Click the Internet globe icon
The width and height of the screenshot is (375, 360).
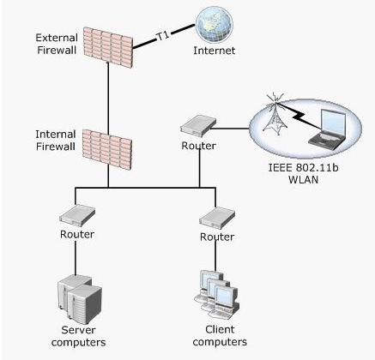(x=214, y=25)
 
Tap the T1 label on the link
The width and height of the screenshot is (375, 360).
(x=163, y=36)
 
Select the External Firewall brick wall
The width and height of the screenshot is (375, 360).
(x=108, y=47)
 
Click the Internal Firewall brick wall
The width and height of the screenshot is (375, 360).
(x=107, y=149)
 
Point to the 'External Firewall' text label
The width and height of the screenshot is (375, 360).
(x=57, y=44)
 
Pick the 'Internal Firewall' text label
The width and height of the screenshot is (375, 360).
(x=56, y=141)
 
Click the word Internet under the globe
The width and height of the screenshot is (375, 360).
(x=215, y=51)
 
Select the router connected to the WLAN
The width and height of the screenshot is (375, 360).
(x=198, y=125)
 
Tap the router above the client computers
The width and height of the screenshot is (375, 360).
(x=217, y=218)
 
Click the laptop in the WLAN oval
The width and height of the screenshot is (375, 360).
(x=327, y=128)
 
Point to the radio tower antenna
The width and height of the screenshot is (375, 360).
(x=275, y=115)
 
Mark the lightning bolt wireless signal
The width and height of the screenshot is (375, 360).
(x=299, y=117)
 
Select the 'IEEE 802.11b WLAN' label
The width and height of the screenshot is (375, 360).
(x=303, y=173)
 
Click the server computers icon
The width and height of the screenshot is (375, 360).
(x=80, y=298)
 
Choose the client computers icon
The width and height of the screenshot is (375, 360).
(x=216, y=294)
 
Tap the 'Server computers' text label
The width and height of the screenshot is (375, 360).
(x=78, y=336)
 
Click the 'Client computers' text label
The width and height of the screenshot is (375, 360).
(x=220, y=335)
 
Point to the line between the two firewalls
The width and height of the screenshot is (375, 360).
(x=108, y=97)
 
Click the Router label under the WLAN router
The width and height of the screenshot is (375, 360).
(x=198, y=146)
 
